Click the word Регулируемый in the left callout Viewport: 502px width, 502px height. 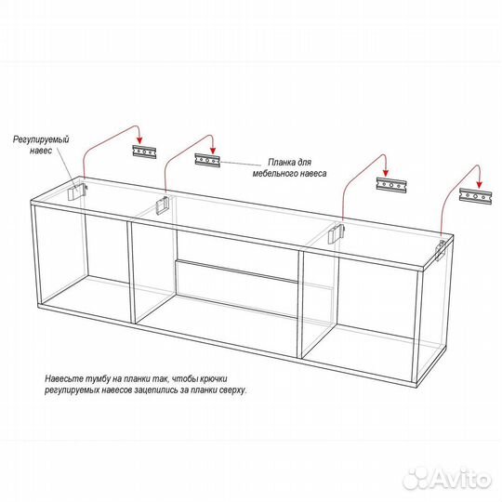pos(41,139)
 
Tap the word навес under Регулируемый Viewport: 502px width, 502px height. pos(41,151)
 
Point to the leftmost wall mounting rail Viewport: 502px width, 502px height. pos(145,152)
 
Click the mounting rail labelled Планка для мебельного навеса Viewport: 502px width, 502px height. pos(207,160)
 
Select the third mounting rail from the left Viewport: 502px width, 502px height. pos(391,185)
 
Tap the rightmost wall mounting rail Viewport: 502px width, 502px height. pos(475,196)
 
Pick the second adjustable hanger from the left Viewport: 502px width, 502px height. pos(163,204)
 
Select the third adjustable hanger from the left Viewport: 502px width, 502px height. pos(337,233)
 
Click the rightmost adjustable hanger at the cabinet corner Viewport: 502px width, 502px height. pos(441,250)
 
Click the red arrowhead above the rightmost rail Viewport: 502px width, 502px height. pos(479,184)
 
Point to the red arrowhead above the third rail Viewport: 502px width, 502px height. pos(386,173)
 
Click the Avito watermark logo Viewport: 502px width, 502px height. pos(447,480)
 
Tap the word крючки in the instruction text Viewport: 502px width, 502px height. pos(214,378)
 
